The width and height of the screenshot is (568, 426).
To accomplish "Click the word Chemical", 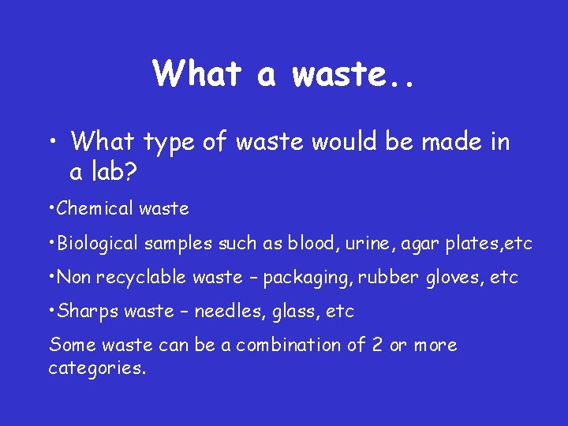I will (x=95, y=209).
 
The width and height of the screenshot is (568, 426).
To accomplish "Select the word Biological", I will (x=99, y=244).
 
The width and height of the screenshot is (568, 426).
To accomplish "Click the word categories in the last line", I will (x=97, y=368).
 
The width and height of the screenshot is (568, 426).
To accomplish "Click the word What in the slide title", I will (x=198, y=73).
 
